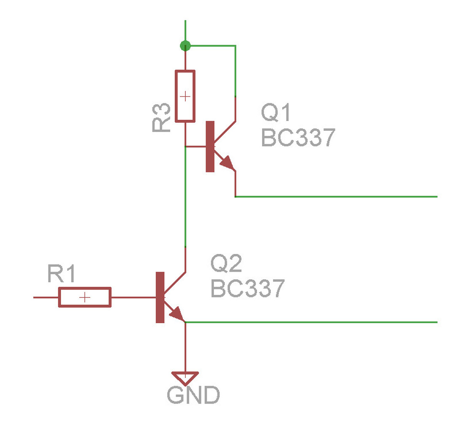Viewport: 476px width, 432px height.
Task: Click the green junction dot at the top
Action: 185,46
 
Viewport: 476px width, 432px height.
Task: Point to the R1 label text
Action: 61,275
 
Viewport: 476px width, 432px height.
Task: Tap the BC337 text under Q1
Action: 298,137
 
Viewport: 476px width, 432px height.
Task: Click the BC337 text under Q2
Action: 248,289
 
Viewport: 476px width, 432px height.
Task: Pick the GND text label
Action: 193,395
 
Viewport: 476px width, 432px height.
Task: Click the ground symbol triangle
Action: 185,377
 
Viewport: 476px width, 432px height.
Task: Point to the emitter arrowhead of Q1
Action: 228,163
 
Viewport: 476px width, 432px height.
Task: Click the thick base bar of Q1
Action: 210,146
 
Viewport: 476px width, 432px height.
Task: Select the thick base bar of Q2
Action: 160,297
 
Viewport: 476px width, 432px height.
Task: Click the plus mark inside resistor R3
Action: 185,97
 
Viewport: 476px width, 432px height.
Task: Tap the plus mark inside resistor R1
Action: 85,297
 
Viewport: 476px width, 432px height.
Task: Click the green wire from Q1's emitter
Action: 337,197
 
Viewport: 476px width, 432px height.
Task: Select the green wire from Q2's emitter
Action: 312,322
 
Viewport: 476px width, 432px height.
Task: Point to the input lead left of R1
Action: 45,297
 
